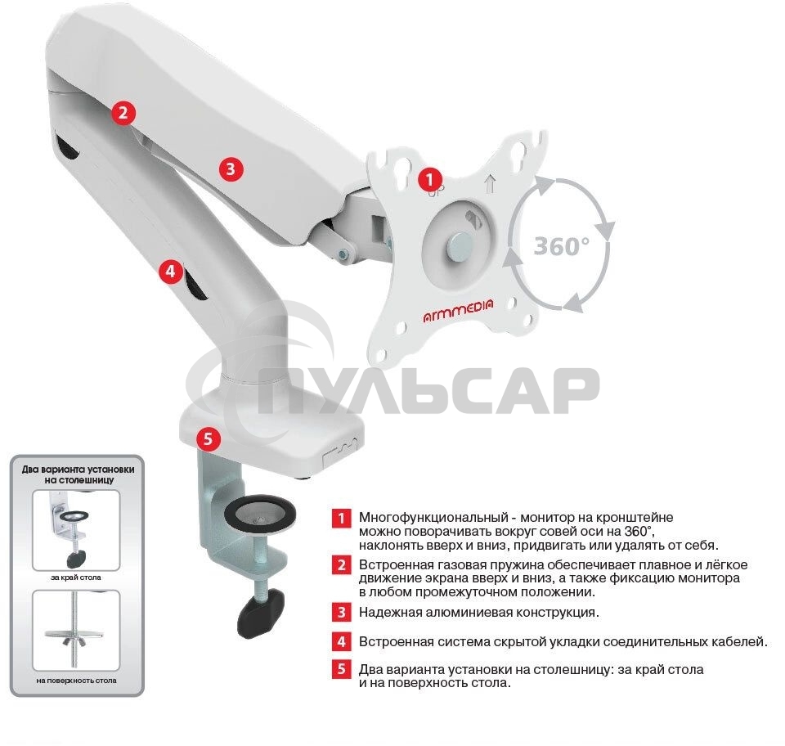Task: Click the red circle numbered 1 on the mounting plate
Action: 429,179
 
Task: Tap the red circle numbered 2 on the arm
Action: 123,113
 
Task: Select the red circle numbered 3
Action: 231,169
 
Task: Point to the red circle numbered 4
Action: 171,272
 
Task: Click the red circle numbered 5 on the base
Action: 209,439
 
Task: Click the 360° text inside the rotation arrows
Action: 562,246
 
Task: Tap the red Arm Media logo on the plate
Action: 458,310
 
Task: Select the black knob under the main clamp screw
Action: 260,613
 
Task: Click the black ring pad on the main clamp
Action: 259,513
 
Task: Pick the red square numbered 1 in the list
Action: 342,518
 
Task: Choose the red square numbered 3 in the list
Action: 342,613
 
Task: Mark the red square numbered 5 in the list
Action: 342,669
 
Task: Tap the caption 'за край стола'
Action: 76,577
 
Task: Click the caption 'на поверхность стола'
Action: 77,681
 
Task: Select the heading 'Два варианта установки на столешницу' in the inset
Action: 78,474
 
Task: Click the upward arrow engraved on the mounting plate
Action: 490,184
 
